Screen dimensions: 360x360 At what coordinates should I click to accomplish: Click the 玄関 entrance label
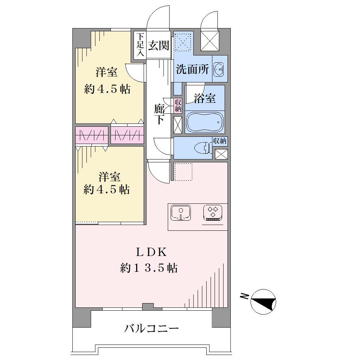[158, 45]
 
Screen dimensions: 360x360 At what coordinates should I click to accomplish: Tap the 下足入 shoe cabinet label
[140, 45]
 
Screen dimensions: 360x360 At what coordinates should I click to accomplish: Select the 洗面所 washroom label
[192, 69]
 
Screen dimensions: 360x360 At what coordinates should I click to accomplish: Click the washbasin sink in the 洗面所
[219, 69]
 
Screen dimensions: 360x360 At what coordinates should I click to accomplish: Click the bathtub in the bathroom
[205, 122]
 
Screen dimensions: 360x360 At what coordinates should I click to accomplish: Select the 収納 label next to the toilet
[220, 141]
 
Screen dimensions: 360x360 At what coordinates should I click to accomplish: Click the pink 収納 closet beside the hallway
[178, 105]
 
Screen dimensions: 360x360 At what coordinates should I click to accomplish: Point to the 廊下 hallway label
[159, 114]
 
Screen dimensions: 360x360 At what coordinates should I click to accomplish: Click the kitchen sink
[181, 213]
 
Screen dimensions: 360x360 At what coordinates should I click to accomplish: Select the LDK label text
[151, 252]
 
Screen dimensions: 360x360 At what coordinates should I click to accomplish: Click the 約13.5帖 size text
[149, 268]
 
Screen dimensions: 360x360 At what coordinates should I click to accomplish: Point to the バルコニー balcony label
[151, 329]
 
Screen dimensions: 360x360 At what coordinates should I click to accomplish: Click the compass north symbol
[263, 302]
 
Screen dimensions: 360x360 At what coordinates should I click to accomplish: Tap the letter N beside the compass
[245, 296]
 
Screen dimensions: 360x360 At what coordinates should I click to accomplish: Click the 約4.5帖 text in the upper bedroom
[107, 89]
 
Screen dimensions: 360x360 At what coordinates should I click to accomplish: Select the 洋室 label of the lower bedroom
[110, 177]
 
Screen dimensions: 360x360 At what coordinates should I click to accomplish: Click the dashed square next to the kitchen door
[183, 172]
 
